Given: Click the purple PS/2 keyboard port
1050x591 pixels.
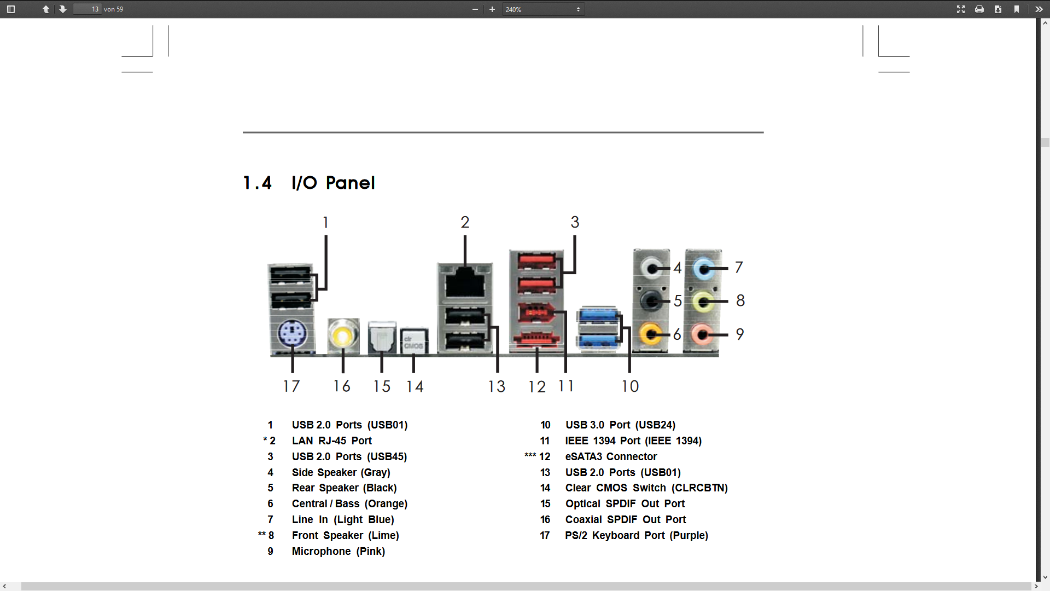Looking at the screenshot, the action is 291,333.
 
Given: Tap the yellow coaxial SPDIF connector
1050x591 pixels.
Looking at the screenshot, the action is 343,335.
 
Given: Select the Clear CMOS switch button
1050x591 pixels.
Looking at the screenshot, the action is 413,341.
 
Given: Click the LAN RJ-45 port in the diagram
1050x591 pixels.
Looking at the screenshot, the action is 465,282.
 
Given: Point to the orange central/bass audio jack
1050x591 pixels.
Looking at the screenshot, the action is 650,333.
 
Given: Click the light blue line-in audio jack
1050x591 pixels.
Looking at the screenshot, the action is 703,268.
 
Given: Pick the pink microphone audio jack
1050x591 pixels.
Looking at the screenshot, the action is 702,334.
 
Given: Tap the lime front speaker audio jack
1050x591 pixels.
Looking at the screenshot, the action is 703,301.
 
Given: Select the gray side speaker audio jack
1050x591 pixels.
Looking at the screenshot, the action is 651,268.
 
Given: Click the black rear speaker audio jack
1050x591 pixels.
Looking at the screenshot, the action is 650,300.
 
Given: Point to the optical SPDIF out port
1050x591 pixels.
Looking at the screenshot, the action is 382,337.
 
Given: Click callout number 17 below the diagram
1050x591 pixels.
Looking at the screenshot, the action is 291,386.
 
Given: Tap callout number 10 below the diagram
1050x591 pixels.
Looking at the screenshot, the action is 630,386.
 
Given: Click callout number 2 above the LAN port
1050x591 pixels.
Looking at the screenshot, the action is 465,222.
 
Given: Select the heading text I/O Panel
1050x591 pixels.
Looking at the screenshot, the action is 333,183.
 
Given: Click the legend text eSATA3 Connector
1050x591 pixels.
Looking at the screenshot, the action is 611,456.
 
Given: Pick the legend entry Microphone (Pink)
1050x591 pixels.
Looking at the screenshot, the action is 339,551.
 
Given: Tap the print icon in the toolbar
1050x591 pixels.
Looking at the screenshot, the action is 979,9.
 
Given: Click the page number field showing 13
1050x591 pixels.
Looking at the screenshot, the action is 87,9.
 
